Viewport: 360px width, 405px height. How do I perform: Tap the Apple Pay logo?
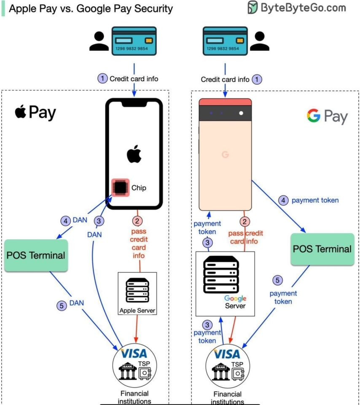[x=35, y=113]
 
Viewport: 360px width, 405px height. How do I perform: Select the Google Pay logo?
[x=327, y=116]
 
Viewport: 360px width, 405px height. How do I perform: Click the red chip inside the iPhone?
[x=120, y=187]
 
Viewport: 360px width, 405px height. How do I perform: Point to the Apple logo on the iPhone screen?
[x=133, y=154]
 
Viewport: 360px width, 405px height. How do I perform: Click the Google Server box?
[x=226, y=284]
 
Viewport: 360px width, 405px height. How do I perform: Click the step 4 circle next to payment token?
[x=283, y=200]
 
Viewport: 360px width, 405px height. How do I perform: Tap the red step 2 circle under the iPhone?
[x=137, y=220]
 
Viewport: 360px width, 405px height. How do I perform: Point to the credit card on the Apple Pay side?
[x=134, y=41]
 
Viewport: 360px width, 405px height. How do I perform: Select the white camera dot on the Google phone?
[x=241, y=113]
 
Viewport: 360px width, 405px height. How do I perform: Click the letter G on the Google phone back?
[x=225, y=155]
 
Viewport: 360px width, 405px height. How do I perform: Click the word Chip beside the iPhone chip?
[x=138, y=188]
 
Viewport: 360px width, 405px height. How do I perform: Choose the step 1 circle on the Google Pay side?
[x=256, y=79]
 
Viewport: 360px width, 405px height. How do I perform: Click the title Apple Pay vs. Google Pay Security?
[x=91, y=9]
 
